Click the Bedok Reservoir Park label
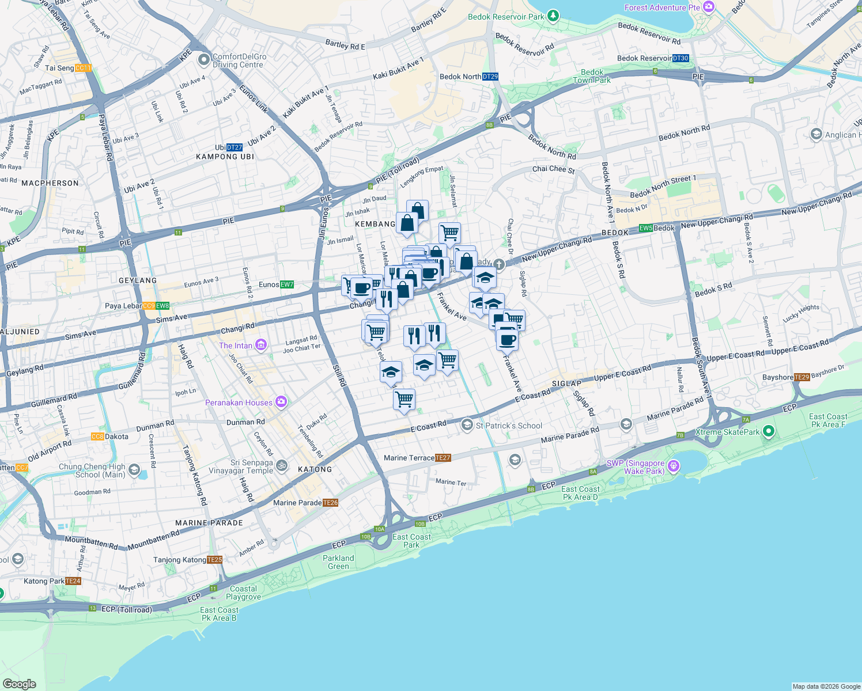[506, 17]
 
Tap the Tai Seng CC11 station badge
[84, 68]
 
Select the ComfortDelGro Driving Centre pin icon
[203, 60]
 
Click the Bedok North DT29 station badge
[490, 77]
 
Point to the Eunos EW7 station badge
[287, 284]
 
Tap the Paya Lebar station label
[123, 306]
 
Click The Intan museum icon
[261, 345]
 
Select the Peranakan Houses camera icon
[281, 402]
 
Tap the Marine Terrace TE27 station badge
[443, 458]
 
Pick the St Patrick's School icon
[467, 426]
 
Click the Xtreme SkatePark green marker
[768, 431]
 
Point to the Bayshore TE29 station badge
[802, 377]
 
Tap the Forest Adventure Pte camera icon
[709, 7]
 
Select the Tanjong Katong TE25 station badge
[214, 560]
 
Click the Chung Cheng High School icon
[134, 470]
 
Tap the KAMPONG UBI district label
[225, 157]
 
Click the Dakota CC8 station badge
[97, 436]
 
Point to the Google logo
[19, 684]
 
